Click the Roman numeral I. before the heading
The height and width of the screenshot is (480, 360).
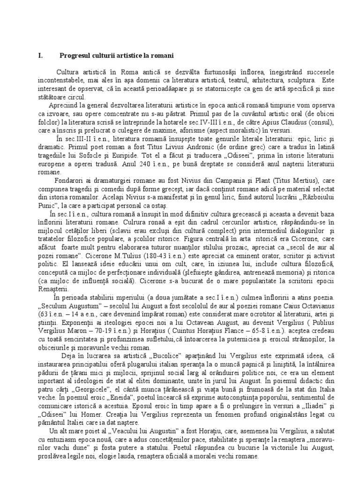[x=40, y=55]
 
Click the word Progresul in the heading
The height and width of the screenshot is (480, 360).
[x=75, y=55]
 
